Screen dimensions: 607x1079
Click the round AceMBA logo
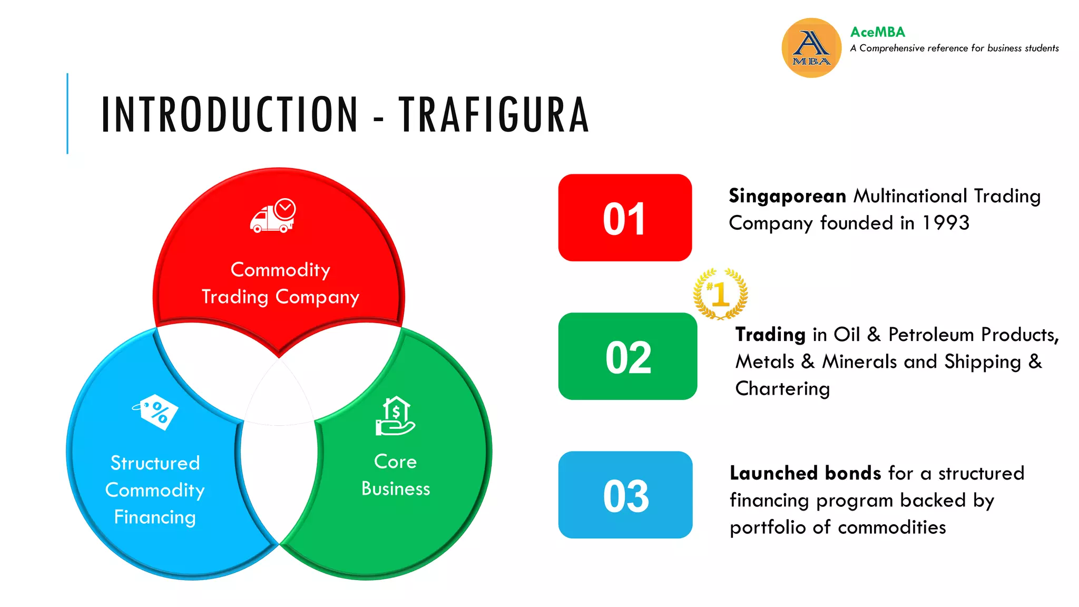[811, 48]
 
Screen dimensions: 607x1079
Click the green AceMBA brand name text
[877, 32]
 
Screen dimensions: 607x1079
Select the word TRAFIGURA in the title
[494, 114]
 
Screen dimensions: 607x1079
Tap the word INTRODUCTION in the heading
[230, 114]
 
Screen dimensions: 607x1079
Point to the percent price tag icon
[156, 412]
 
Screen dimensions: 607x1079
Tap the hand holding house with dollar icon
[395, 416]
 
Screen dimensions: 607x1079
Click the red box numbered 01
[625, 218]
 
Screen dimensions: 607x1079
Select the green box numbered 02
[627, 357]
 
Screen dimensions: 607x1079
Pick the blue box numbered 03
[625, 495]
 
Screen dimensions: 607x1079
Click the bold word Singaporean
[787, 196]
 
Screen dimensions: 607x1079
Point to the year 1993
[946, 223]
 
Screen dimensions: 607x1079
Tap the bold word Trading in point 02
[770, 335]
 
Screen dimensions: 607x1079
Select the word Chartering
[782, 389]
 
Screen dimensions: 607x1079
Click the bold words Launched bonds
[805, 473]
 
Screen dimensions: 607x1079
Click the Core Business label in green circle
[395, 475]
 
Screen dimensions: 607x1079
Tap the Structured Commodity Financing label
[155, 490]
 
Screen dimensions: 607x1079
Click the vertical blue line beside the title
[67, 113]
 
